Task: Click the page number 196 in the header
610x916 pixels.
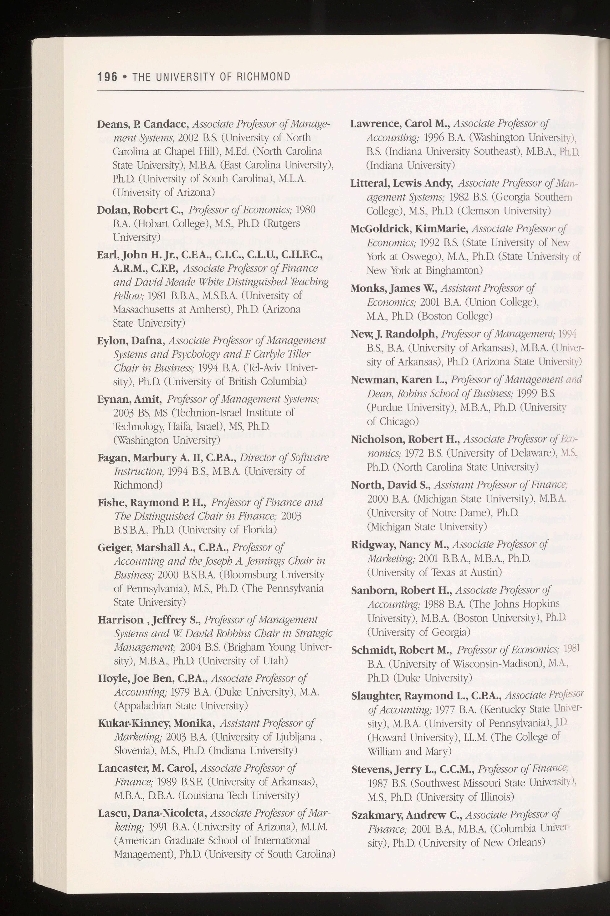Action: click(x=107, y=77)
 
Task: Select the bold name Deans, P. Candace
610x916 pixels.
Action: click(x=143, y=124)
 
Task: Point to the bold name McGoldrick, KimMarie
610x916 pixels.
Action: click(x=409, y=229)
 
